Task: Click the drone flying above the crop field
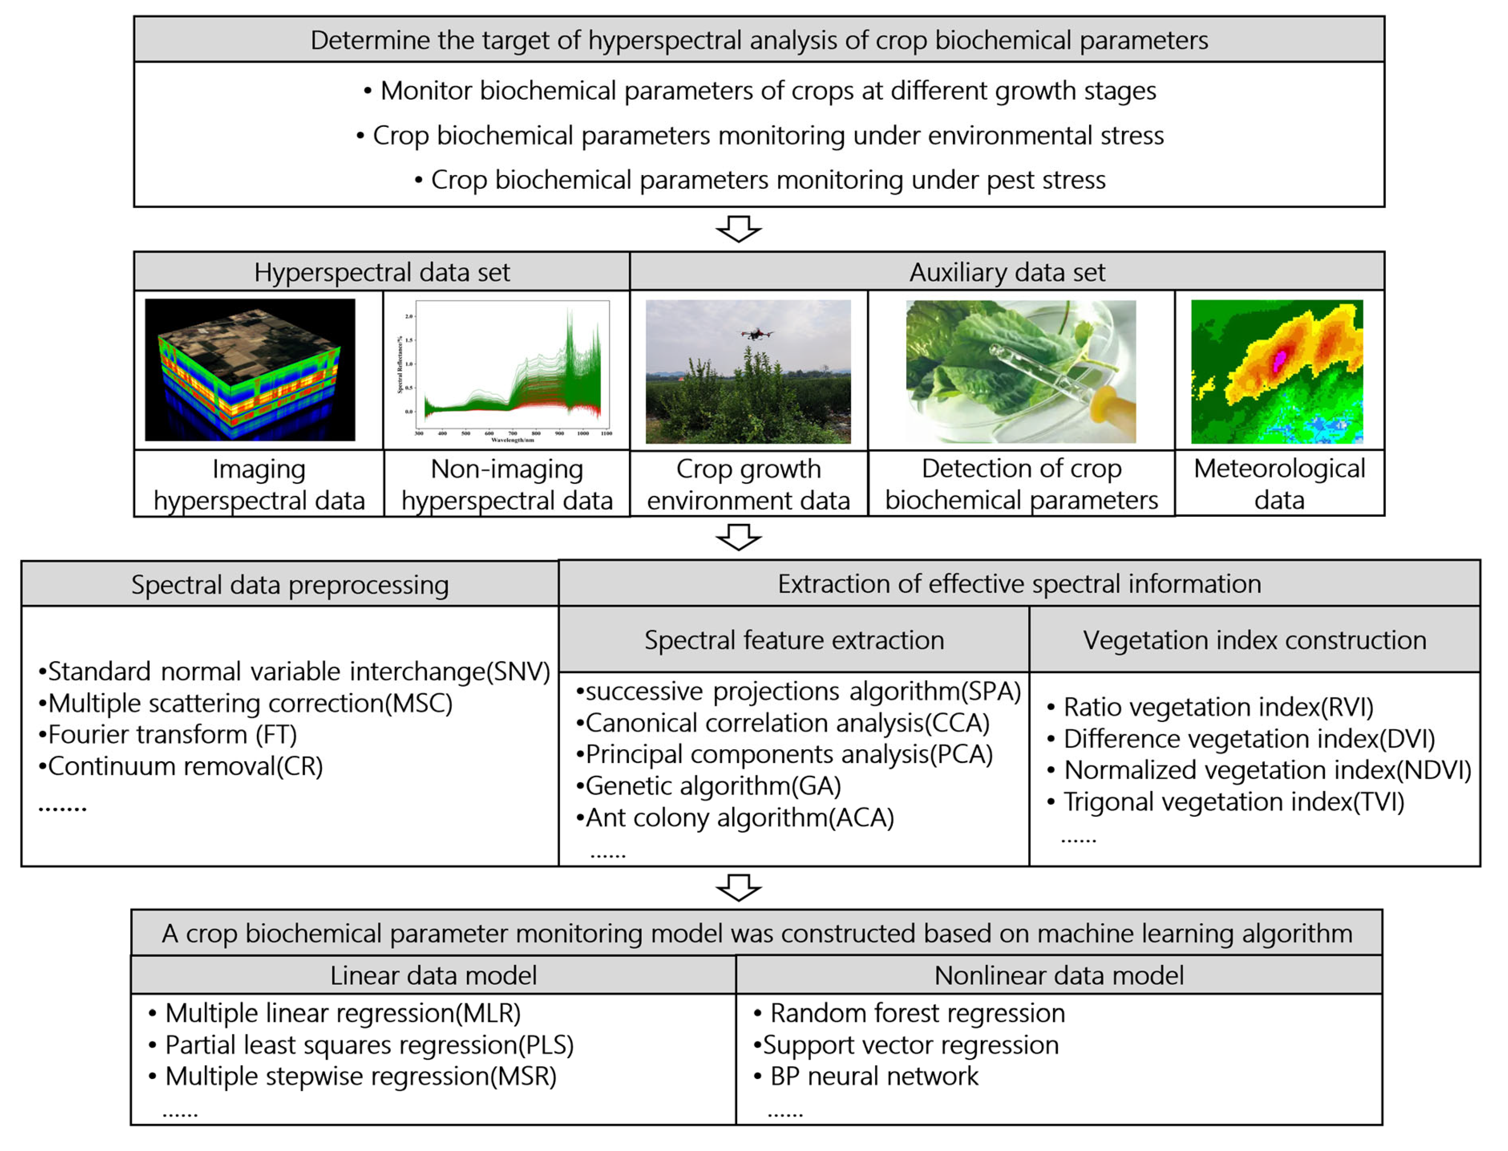[756, 334]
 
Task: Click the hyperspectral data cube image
[250, 370]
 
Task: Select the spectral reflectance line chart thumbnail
[507, 370]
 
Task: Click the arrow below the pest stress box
[738, 229]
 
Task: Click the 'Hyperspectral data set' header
[382, 272]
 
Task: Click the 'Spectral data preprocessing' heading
[290, 584]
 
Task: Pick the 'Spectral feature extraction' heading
[794, 640]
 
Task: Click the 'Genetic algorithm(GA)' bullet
[712, 786]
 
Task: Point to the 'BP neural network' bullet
[874, 1076]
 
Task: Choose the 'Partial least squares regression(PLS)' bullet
[369, 1045]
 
